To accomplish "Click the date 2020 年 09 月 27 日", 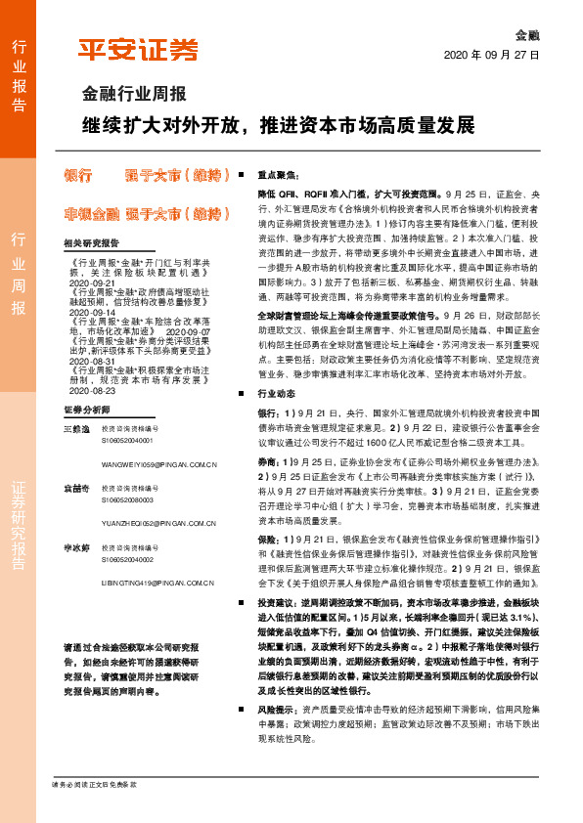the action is click(x=493, y=57).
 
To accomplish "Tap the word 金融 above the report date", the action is click(x=525, y=32).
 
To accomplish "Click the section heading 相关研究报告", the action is click(x=90, y=243).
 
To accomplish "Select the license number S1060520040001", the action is click(x=128, y=441).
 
